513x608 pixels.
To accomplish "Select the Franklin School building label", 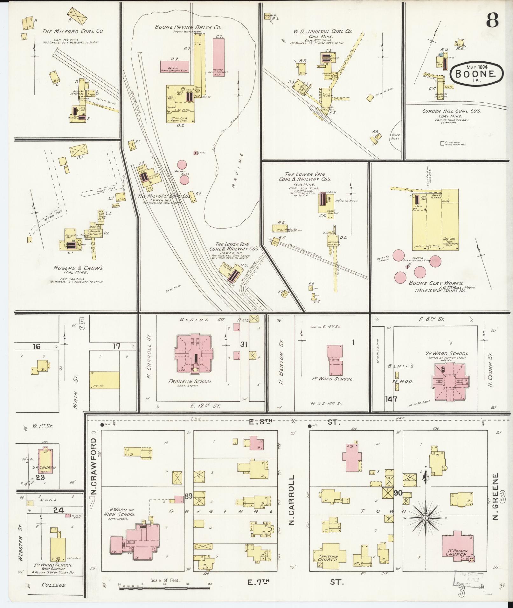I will click(190, 381).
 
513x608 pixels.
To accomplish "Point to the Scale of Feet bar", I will click(165, 589).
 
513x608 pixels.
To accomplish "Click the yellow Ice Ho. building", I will click(105, 380).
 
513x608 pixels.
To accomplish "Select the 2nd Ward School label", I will click(447, 353).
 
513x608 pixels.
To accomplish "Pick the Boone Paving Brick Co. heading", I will click(188, 27).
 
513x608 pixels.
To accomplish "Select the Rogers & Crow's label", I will click(78, 268).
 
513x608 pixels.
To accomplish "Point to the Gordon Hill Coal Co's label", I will click(451, 111).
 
